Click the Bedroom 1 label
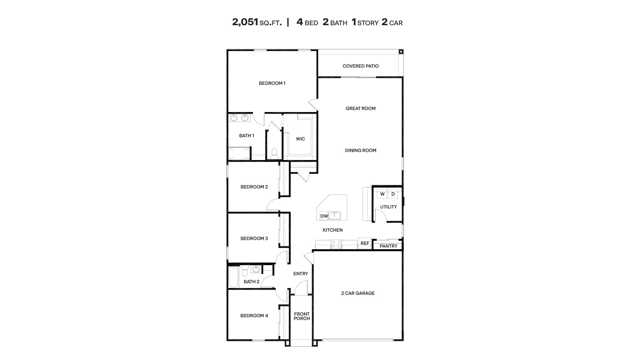pos(272,83)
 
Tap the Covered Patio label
pos(360,66)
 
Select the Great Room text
pos(360,108)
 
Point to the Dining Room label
pos(360,150)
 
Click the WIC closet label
pos(300,139)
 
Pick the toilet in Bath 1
pos(274,153)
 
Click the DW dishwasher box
pos(324,216)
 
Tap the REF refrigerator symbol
pos(365,243)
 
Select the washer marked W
pos(382,194)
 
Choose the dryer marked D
pos(393,194)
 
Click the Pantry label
pos(388,246)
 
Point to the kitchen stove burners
pos(336,244)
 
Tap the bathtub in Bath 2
pos(233,277)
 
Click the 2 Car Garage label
pos(358,293)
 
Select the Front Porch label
pos(302,316)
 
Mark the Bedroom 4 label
pos(254,316)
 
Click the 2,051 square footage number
pos(245,22)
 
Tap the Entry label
pos(300,274)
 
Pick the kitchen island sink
pos(335,216)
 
